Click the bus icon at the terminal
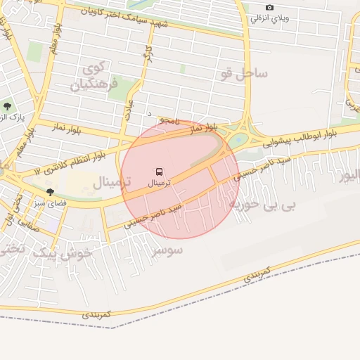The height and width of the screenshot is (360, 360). tap(159, 172)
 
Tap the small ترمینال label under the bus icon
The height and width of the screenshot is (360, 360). tap(159, 183)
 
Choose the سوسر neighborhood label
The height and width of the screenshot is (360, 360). tap(167, 250)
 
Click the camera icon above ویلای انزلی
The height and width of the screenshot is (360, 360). tap(269, 8)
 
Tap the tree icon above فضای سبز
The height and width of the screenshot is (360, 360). tap(50, 191)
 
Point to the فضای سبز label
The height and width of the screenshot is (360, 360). tap(49, 202)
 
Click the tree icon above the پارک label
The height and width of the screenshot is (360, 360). tap(7, 106)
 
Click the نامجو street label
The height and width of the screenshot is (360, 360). tap(169, 122)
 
